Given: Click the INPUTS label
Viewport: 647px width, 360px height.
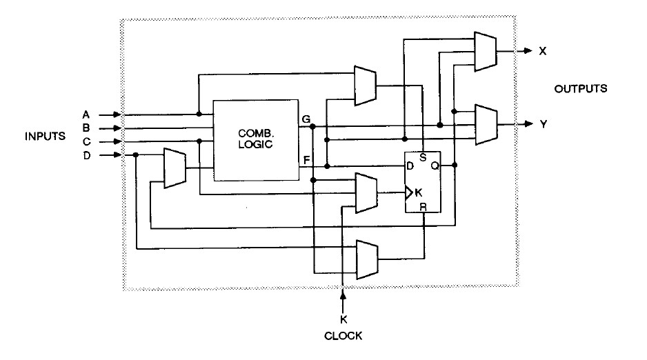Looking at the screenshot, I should [46, 136].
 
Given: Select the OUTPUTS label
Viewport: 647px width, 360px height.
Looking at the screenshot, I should [581, 89].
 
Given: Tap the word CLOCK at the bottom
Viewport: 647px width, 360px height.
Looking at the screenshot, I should [344, 336].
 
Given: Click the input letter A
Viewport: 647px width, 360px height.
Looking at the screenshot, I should [86, 114].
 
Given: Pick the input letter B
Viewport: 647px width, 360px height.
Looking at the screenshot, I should [86, 128].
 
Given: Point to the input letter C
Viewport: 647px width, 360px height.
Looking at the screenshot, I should [86, 141].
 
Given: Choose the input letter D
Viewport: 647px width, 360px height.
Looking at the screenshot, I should [86, 155].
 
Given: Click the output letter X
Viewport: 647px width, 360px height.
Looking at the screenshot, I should [543, 51].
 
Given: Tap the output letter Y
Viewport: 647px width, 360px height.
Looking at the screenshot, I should [543, 124].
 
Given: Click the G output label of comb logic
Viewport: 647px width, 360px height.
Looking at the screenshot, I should [306, 119].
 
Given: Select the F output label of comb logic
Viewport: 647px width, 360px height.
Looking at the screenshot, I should [306, 159].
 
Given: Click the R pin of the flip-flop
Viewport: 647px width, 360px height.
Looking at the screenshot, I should [422, 206].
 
